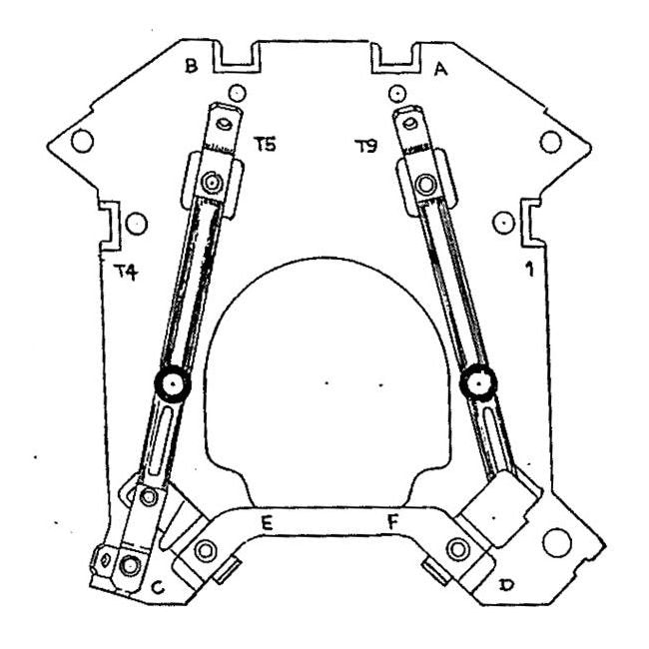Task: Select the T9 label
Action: coord(365,146)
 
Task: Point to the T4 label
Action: coord(125,270)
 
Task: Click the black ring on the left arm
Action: coord(173,382)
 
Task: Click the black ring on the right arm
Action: coord(479,382)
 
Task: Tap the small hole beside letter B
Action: coord(236,94)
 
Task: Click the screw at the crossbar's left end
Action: coord(207,549)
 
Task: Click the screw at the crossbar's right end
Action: coord(458,547)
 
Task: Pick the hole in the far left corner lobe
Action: coord(83,141)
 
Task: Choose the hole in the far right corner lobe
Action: coord(549,141)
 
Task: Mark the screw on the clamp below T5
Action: coord(211,184)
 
